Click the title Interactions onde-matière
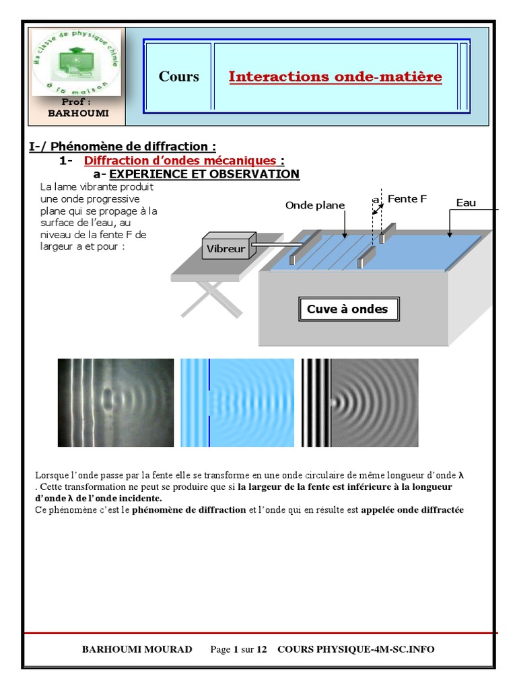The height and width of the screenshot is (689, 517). click(x=335, y=77)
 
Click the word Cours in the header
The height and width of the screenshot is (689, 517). click(x=179, y=77)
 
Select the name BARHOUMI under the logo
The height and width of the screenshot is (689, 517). click(x=78, y=114)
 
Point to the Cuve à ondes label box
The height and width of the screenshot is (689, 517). click(x=347, y=310)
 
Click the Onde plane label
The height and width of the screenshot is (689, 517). click(x=314, y=205)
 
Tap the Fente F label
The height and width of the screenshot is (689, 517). click(x=407, y=199)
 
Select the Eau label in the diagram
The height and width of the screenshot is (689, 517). click(x=466, y=203)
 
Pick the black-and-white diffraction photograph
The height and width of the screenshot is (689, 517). click(x=115, y=402)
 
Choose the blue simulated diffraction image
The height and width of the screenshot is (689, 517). click(x=238, y=402)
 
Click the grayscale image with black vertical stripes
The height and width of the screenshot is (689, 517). click(x=359, y=402)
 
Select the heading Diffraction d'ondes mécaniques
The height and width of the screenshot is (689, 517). click(x=180, y=161)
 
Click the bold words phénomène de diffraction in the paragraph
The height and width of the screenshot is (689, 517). click(x=189, y=510)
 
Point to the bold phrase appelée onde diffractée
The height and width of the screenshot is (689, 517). click(x=412, y=510)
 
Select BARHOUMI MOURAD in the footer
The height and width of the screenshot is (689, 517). click(x=137, y=649)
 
